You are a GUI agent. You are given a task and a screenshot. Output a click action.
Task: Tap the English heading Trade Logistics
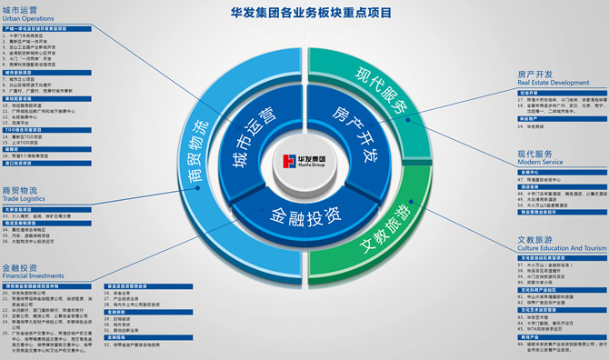tap(26, 199)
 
